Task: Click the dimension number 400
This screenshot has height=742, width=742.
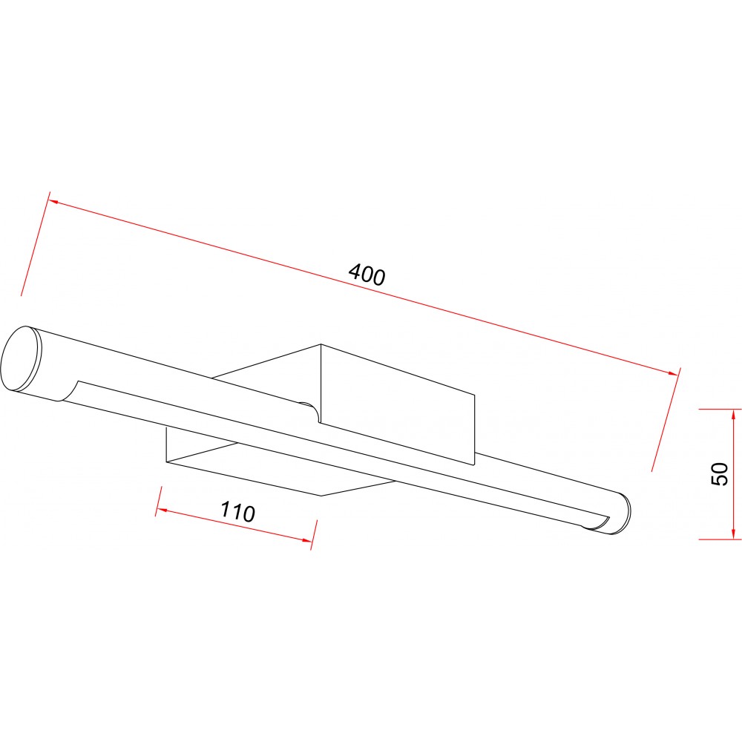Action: (367, 275)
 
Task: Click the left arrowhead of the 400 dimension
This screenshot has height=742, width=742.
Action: (53, 202)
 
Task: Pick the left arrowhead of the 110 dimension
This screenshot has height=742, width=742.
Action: (161, 510)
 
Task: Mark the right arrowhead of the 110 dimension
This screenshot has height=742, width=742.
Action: (308, 540)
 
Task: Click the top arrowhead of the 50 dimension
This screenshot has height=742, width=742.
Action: (734, 414)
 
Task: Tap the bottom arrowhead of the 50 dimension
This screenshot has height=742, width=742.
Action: (734, 533)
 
